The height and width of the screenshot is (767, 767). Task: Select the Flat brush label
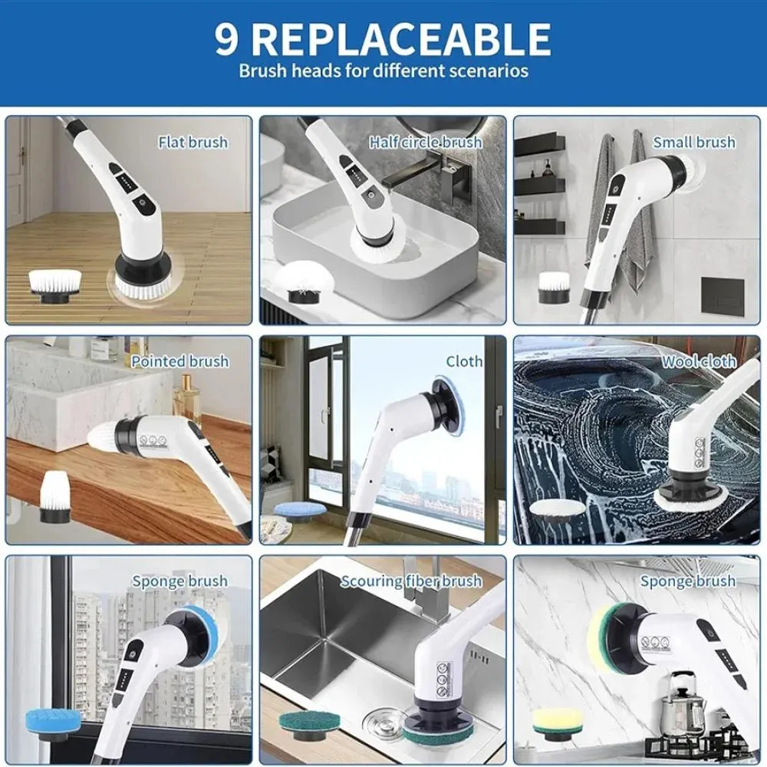(193, 143)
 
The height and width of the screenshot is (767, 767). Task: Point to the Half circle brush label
(426, 143)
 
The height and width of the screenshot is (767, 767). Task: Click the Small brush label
(694, 143)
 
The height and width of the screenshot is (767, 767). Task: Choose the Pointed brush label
(180, 361)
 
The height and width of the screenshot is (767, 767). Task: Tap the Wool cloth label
(699, 361)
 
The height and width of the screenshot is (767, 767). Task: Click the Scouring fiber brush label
(411, 581)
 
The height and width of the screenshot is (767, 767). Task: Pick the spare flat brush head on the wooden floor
(54, 288)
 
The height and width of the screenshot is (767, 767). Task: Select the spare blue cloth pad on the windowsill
(300, 512)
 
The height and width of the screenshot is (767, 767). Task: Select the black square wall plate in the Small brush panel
(723, 295)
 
